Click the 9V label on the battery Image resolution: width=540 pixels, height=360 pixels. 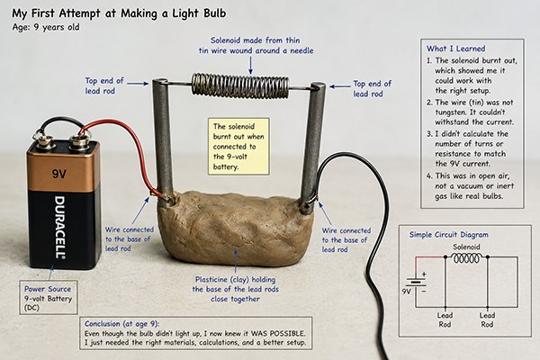[58, 174]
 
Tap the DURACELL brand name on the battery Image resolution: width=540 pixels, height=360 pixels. [60, 228]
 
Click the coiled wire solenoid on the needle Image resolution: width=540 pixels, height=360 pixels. [240, 85]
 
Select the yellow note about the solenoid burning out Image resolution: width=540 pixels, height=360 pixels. [238, 147]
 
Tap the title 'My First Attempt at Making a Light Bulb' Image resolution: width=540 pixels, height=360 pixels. [119, 13]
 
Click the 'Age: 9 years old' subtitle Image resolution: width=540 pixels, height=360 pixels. [46, 27]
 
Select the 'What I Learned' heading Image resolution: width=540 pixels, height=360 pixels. [455, 49]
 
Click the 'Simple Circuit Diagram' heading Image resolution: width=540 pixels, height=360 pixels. [449, 235]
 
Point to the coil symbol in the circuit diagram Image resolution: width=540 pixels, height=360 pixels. [466, 258]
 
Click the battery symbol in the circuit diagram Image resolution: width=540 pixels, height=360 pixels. [417, 283]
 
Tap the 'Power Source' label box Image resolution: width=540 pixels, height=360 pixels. [49, 298]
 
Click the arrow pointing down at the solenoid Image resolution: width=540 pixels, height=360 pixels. [251, 65]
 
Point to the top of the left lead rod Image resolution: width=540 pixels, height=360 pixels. [160, 82]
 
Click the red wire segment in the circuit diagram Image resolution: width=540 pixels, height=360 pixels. [427, 263]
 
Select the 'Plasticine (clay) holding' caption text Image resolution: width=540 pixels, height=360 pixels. [235, 279]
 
